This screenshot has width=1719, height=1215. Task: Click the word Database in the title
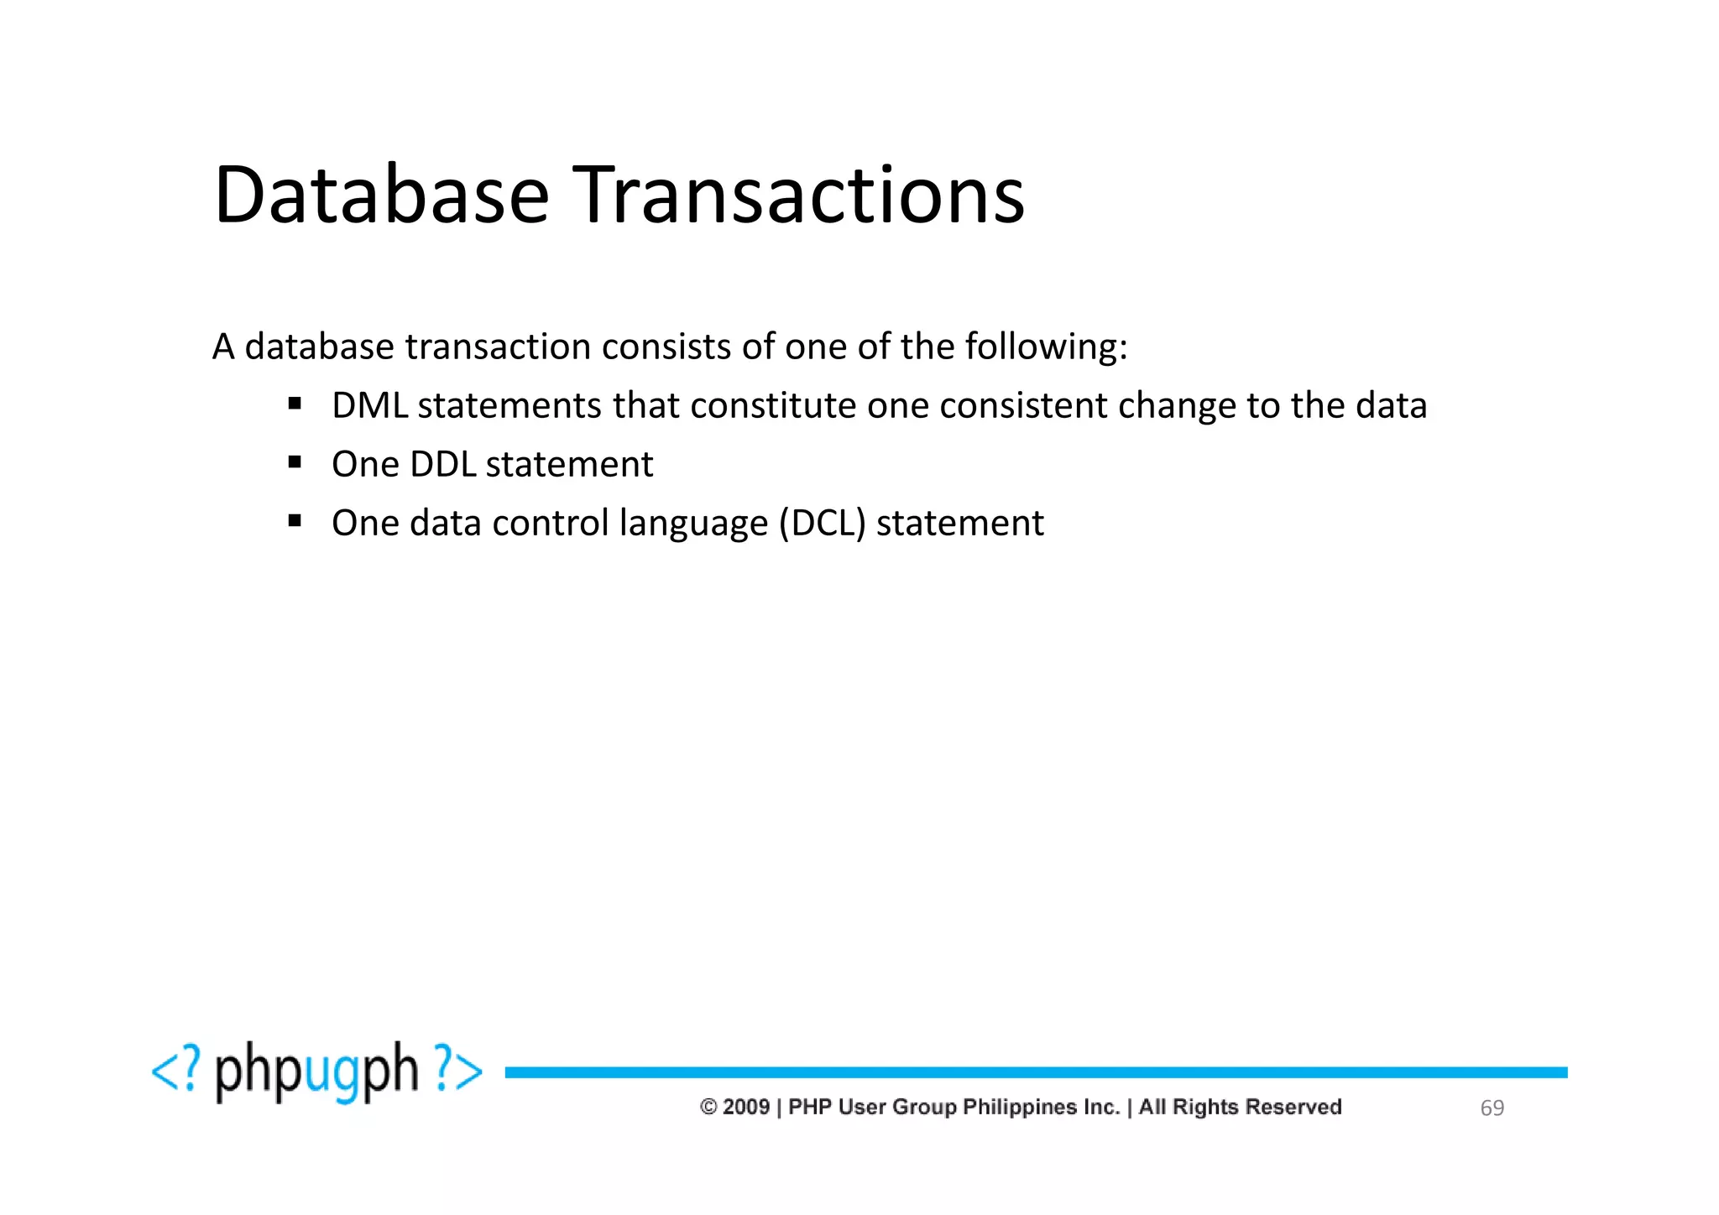point(382,195)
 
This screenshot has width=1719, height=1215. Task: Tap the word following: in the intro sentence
point(1046,347)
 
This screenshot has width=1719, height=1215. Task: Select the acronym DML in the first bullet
point(369,406)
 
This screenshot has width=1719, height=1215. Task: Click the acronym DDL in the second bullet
point(442,465)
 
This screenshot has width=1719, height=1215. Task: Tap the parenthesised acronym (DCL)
point(822,524)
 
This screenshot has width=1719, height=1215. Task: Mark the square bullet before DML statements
point(295,404)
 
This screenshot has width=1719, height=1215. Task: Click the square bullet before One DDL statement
point(295,462)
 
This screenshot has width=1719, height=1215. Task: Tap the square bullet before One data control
point(295,521)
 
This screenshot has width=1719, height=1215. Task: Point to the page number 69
point(1492,1108)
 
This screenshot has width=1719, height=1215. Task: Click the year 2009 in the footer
point(745,1108)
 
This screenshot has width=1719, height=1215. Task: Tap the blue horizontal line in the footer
point(1036,1072)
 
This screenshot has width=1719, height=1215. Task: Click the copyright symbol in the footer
point(708,1108)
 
